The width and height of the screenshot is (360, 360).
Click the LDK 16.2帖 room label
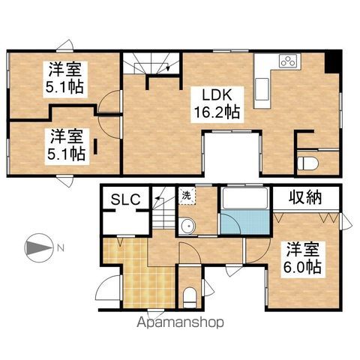tap(217, 104)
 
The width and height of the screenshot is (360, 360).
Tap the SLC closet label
tap(125, 199)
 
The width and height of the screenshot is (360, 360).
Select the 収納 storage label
tap(305, 197)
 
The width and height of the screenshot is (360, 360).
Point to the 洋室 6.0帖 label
tap(303, 259)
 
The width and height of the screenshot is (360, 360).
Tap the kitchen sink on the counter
tap(262, 89)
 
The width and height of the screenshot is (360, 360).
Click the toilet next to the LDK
tap(308, 163)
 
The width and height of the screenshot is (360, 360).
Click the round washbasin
tap(187, 226)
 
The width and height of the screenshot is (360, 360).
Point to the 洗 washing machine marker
tap(186, 195)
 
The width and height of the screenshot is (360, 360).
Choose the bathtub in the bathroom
tap(245, 197)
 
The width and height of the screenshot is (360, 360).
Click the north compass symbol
tap(39, 248)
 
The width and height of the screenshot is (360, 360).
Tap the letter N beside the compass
tap(61, 248)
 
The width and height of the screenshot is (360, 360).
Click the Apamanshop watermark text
tap(180, 322)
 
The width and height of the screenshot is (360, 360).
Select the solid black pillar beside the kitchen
tap(333, 61)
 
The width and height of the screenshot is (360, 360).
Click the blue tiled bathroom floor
tap(245, 222)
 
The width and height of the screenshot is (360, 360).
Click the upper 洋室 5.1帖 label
tap(65, 78)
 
